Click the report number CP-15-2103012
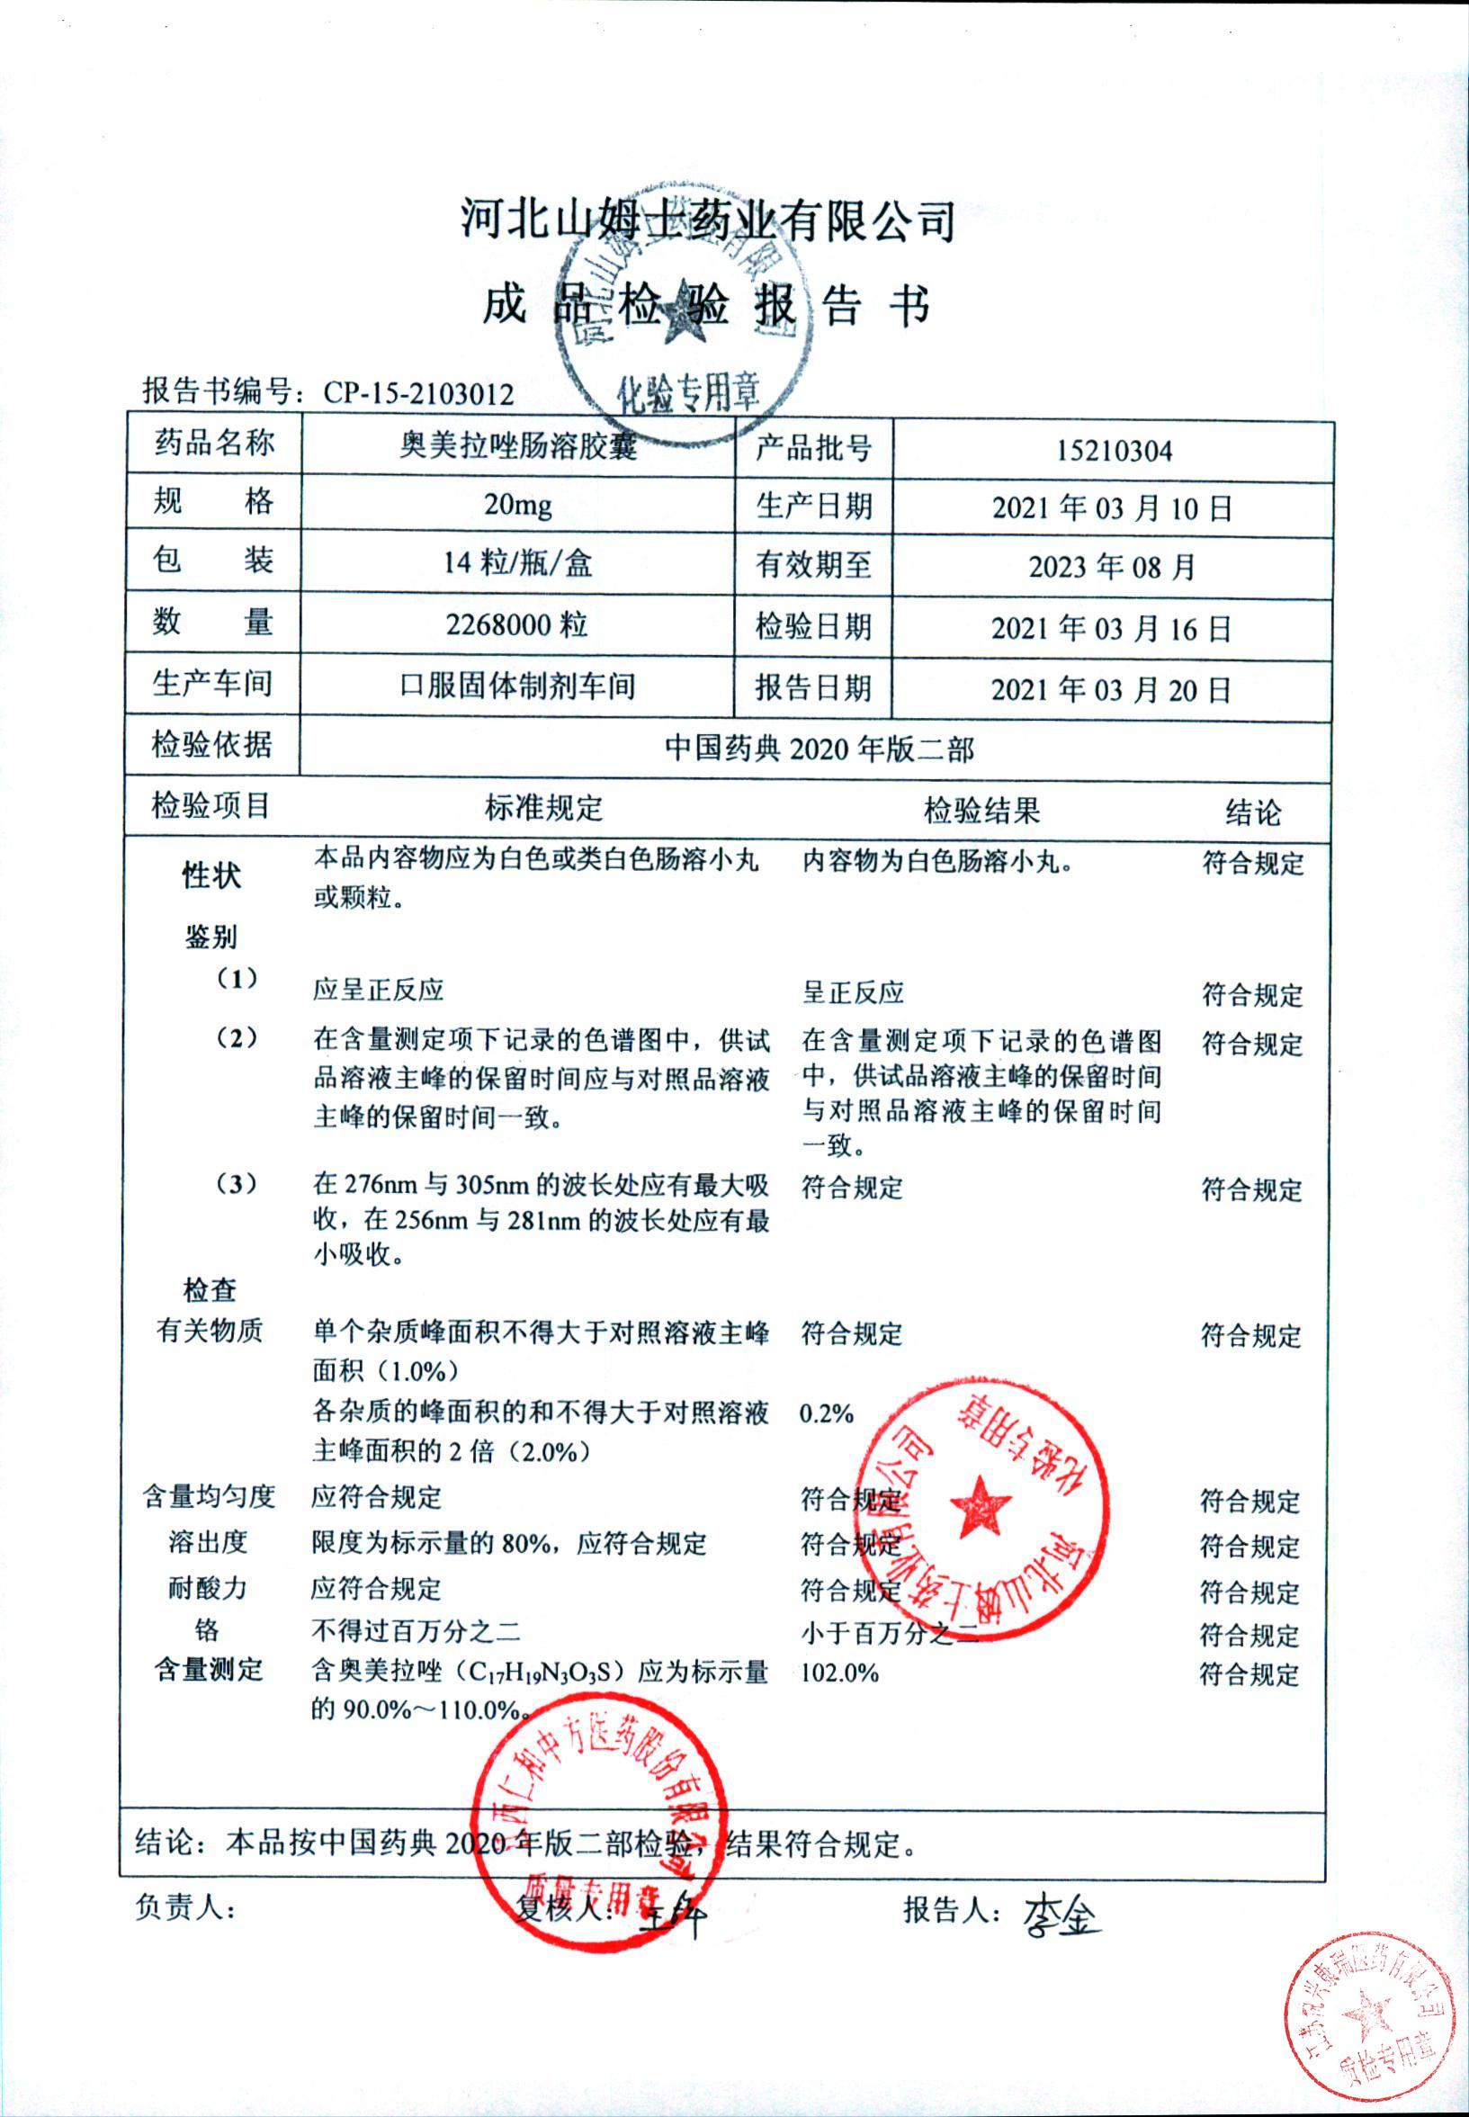[x=419, y=394]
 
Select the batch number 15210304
[x=1114, y=451]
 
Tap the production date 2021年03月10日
[x=1112, y=508]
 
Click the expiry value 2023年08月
[x=1112, y=567]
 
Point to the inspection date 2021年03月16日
[x=1112, y=629]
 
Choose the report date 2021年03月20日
[x=1112, y=689]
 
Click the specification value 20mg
[x=518, y=506]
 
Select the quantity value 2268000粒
[x=517, y=626]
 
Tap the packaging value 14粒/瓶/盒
[x=518, y=563]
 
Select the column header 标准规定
[x=544, y=808]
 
